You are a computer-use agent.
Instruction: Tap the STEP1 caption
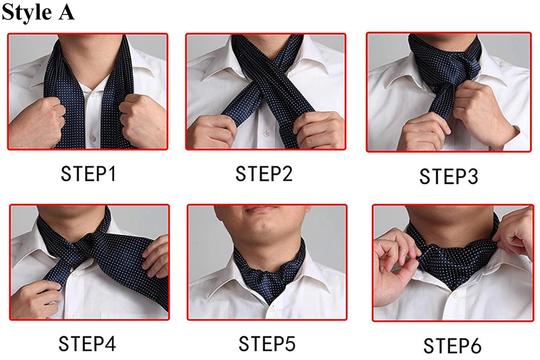point(89,174)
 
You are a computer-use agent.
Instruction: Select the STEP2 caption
point(264,174)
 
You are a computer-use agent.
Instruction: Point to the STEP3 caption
point(449,176)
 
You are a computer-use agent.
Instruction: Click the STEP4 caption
point(87,344)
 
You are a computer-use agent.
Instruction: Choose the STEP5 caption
point(267,344)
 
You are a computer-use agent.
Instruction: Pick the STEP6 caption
point(452,346)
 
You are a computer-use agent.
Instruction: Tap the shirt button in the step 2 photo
point(266,133)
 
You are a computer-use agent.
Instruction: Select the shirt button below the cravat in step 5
point(272,309)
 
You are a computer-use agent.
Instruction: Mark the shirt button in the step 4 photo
point(75,275)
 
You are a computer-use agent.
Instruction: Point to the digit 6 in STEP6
point(475,346)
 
